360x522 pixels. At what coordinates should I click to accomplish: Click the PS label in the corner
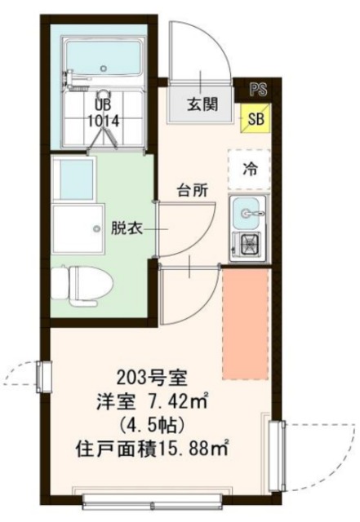(258, 89)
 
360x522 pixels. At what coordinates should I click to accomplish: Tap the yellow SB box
(256, 118)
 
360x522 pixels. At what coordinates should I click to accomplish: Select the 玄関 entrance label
(202, 104)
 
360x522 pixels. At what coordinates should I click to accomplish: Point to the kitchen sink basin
(247, 213)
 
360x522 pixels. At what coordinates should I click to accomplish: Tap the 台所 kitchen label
(193, 190)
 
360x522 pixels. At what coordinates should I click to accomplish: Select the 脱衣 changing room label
(127, 228)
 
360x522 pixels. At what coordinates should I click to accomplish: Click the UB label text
(103, 105)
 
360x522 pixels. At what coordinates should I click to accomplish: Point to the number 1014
(103, 121)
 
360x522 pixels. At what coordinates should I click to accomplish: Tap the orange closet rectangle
(246, 324)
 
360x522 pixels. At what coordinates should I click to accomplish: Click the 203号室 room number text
(153, 378)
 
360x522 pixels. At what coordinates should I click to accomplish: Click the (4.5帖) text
(152, 425)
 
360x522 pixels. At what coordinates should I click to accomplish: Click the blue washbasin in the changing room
(76, 180)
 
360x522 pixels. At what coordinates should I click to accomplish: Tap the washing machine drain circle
(96, 228)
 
